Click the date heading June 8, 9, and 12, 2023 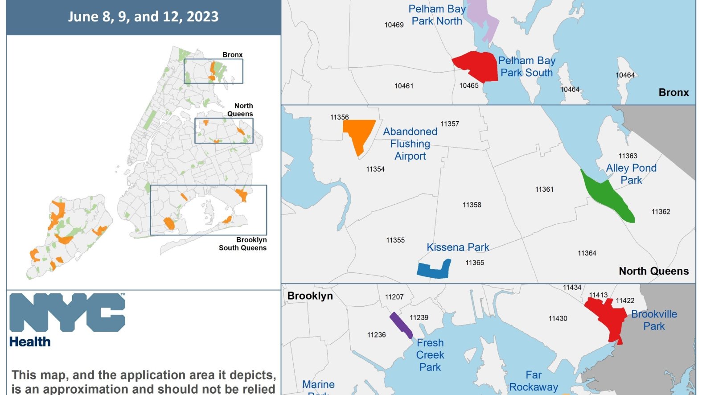(143, 16)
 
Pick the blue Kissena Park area (433, 270)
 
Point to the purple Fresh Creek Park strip (401, 325)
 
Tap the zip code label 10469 (394, 25)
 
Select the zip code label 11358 (472, 205)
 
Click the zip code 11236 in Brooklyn (376, 335)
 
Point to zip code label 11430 (558, 318)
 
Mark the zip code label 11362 (661, 212)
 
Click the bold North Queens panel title (653, 271)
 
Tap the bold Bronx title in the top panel (673, 93)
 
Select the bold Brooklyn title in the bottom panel (310, 296)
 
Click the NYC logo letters (67, 312)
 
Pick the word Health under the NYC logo (30, 342)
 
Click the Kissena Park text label (458, 247)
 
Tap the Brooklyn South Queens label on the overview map (243, 244)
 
